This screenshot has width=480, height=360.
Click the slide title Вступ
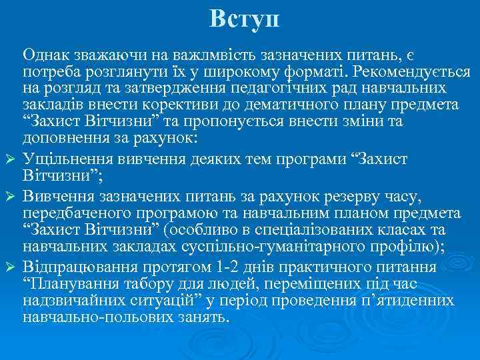[x=244, y=18]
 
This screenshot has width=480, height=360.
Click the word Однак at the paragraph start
[x=49, y=55]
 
